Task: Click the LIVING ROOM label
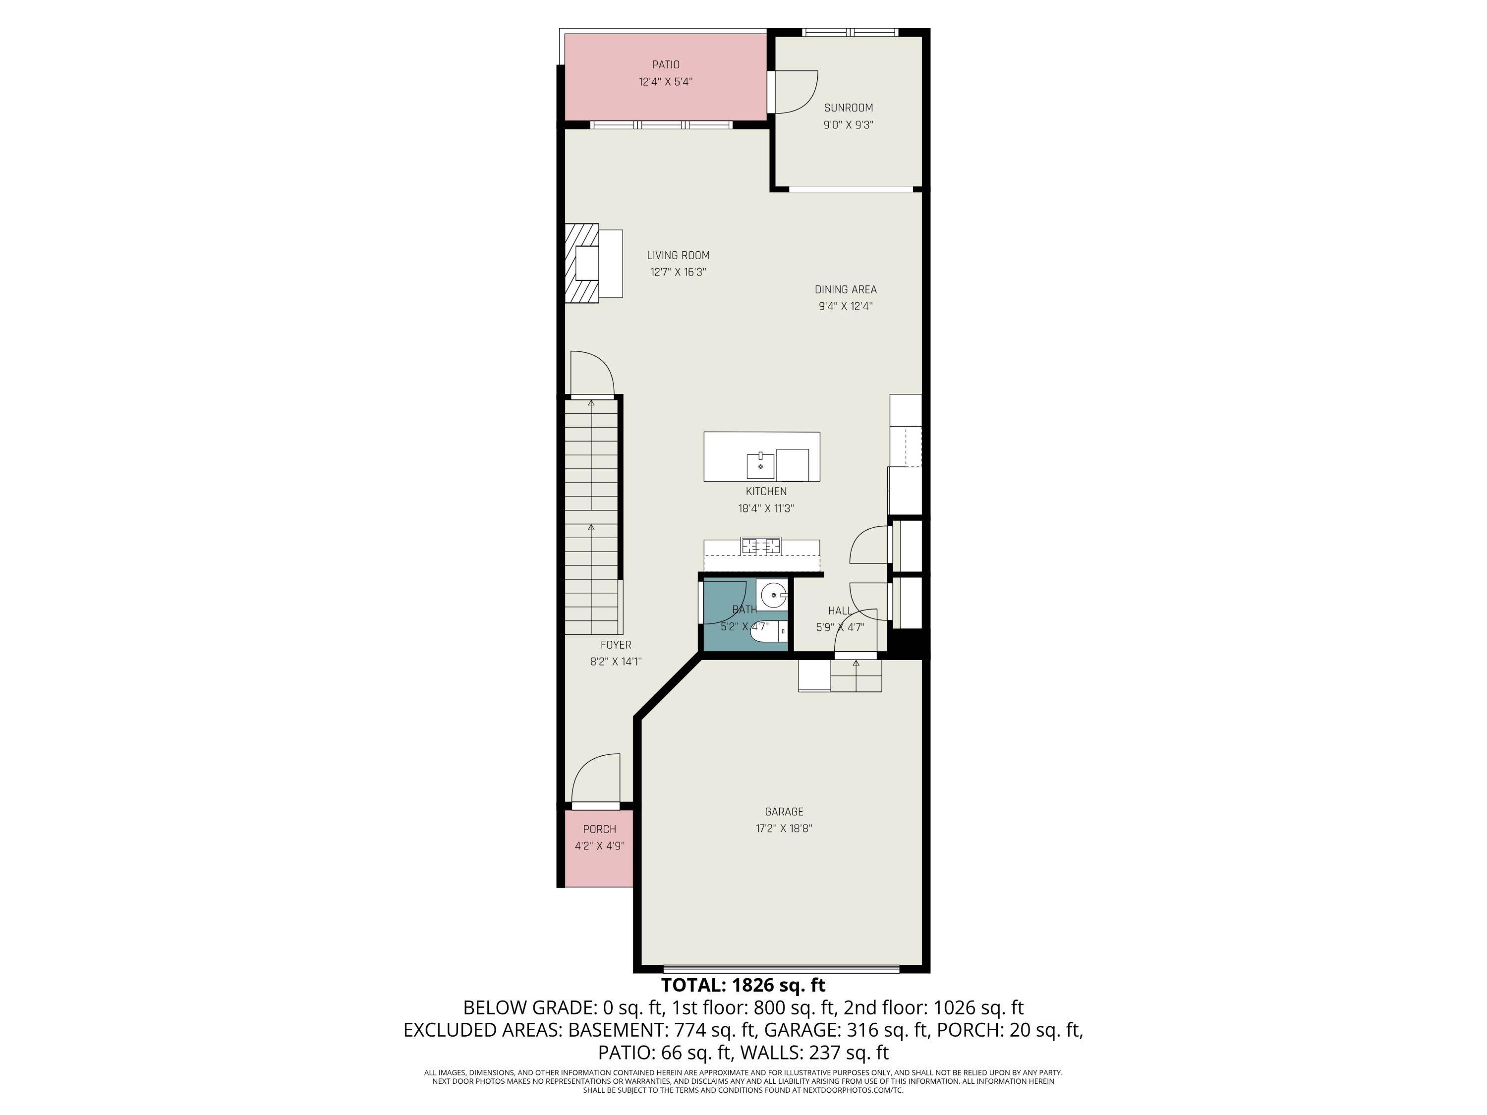678,255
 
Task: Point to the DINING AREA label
845,290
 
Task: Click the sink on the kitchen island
760,464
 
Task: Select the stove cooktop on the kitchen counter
761,546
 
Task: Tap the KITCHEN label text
766,491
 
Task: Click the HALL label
839,610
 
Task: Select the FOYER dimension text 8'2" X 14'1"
615,662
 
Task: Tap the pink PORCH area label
599,830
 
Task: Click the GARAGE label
783,812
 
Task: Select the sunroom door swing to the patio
795,92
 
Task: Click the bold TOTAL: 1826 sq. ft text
743,985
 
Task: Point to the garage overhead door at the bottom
781,968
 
